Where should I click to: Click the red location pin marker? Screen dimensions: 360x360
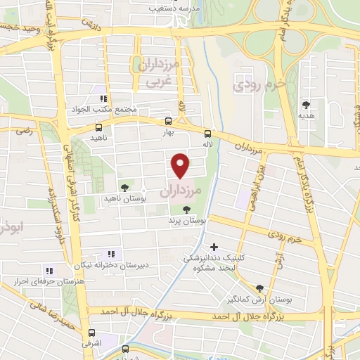[181, 165]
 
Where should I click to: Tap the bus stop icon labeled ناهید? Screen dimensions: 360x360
[98, 127]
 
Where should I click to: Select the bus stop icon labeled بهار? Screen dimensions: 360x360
[167, 121]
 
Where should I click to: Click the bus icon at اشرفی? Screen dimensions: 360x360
[91, 333]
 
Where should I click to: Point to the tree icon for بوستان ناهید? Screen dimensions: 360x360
[124, 188]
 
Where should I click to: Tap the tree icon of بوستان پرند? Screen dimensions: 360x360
[186, 209]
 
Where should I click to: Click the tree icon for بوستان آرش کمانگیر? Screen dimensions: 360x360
[259, 288]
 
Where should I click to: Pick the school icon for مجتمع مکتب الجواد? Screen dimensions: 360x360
[103, 99]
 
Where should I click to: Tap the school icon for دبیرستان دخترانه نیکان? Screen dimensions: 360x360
[110, 254]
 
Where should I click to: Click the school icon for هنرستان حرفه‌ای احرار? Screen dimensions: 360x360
[49, 270]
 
